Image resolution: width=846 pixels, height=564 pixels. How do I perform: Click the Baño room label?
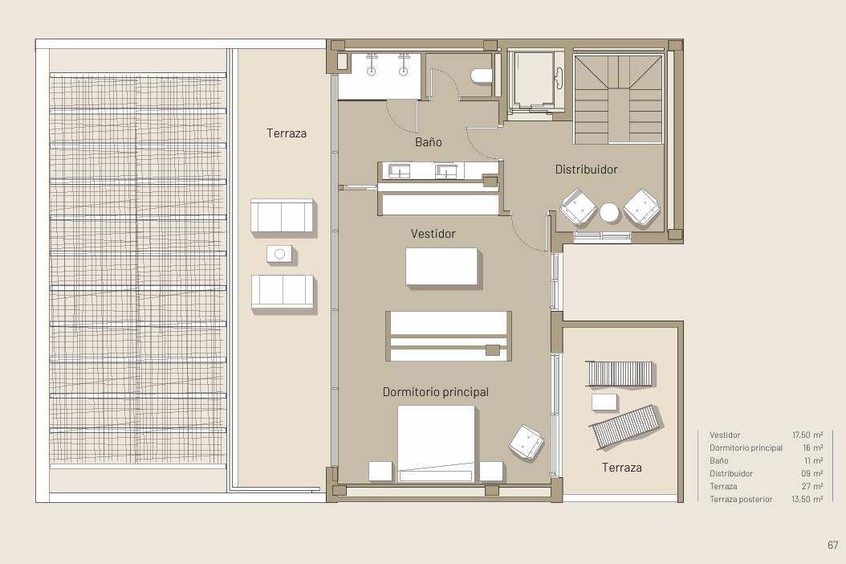point(429,142)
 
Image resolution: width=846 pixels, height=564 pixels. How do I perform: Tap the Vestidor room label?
point(433,234)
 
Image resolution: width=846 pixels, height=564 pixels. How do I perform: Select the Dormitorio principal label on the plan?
point(435,392)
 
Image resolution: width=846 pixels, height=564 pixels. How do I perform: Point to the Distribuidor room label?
point(586,170)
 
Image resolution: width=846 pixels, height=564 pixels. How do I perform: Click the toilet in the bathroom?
point(482,76)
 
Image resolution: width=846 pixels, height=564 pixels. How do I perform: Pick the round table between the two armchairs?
point(610,212)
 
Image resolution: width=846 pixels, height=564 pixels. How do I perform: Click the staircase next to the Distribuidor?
point(618,100)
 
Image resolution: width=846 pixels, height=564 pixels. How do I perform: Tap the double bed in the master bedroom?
point(437,443)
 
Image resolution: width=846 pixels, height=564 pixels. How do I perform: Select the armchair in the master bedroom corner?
point(526,442)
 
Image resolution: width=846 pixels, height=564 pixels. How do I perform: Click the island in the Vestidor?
point(441,267)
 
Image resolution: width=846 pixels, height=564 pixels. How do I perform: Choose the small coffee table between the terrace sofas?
point(279,254)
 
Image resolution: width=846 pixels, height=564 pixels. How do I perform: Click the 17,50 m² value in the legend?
point(807,435)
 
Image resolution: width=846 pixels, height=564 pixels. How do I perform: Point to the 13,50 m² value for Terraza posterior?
point(807,499)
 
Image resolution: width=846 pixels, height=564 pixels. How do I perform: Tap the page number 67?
point(832,545)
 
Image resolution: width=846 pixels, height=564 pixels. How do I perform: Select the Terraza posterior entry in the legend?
point(741,499)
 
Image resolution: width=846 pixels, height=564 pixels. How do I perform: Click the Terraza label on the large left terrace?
point(287,133)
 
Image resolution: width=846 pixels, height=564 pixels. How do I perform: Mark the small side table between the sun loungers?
point(604,402)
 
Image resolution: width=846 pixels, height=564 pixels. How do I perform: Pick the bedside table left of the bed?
point(380,472)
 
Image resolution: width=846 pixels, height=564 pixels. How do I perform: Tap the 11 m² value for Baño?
point(813,461)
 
